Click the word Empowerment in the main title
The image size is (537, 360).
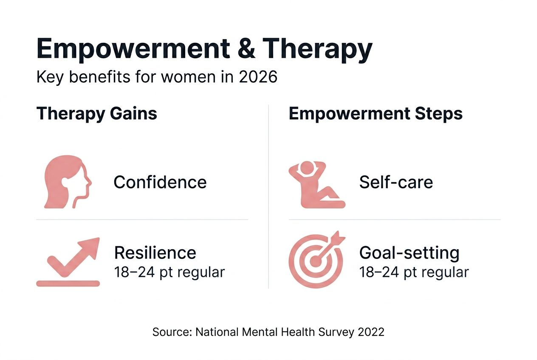pos(131,49)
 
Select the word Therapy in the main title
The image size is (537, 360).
pos(317,49)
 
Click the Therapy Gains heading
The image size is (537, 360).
pos(97,114)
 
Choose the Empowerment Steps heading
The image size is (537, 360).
pos(376,114)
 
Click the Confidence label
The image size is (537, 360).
pos(160,183)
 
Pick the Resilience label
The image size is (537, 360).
pos(155,253)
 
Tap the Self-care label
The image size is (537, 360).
pos(396,183)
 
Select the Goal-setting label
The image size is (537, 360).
pos(409,253)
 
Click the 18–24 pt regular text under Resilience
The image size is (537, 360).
pos(169,272)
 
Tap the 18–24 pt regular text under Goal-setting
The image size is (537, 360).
pos(414,272)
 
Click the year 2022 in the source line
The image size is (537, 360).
pos(371,332)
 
